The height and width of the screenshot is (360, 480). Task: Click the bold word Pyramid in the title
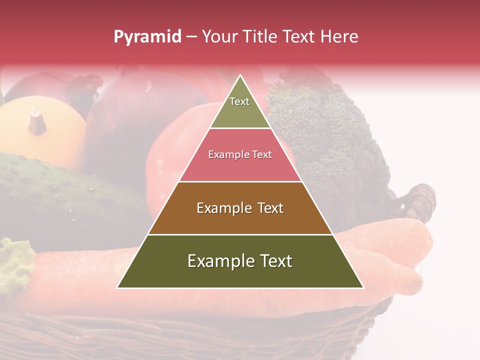147,37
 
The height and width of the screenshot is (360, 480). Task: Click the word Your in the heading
219,37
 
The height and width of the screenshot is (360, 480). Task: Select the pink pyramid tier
240,155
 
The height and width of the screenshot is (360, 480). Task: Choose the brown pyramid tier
240,208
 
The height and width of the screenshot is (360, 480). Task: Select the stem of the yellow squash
36,121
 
